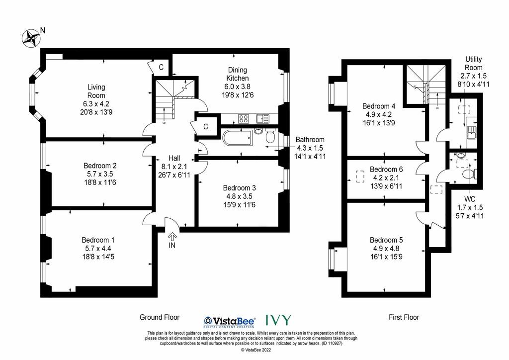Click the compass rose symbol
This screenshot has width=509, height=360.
point(31,39)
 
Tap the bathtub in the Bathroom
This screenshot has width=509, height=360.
point(237,137)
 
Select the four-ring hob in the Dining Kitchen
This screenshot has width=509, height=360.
point(244,119)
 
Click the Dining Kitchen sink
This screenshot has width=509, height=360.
point(262,119)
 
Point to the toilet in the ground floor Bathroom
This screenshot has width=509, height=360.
point(270,136)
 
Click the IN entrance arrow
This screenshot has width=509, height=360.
point(172,236)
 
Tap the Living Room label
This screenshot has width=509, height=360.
point(96,91)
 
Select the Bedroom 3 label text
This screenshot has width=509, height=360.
point(239,188)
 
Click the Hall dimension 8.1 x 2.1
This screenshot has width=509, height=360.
point(174,167)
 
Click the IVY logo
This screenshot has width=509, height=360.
point(278,320)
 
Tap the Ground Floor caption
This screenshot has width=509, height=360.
point(160,317)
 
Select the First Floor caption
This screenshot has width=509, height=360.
point(404,317)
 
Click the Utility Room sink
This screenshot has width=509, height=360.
point(471,133)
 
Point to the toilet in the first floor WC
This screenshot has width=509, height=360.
point(470,174)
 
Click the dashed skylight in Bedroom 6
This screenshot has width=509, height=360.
point(360,176)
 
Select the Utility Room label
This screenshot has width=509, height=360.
point(474,63)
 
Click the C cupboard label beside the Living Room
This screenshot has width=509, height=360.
point(161,67)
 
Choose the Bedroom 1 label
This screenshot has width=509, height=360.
point(98,240)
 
